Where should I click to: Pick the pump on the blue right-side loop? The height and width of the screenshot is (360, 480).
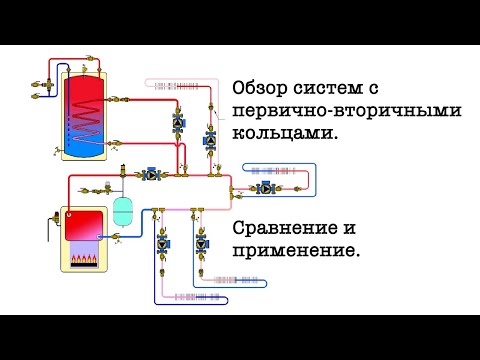point(264,187)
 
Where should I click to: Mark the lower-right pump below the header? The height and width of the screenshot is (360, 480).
point(203,242)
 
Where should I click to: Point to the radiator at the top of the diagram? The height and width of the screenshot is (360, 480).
point(174,83)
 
